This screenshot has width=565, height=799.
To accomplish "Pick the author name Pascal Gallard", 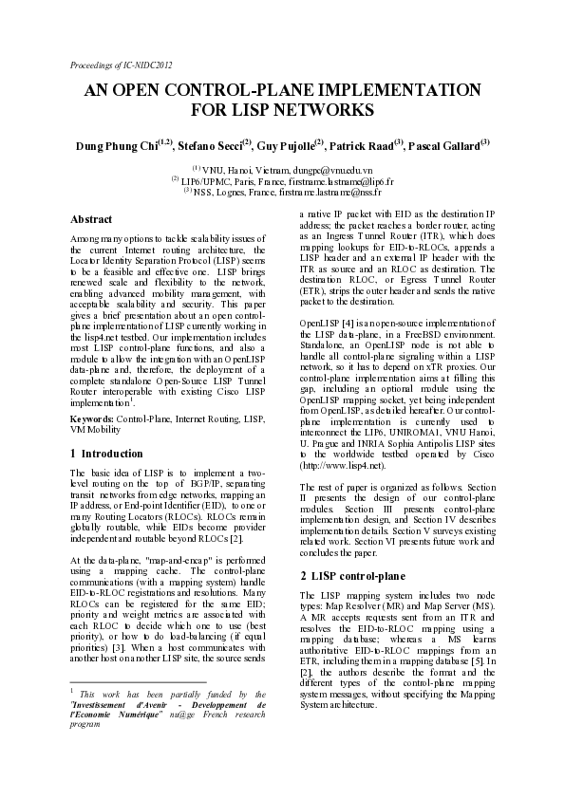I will [x=445, y=145].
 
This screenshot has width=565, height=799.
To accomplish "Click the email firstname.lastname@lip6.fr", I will [x=335, y=179].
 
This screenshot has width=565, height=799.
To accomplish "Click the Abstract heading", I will [x=91, y=218].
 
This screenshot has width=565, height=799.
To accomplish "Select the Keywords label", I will [x=93, y=418].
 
